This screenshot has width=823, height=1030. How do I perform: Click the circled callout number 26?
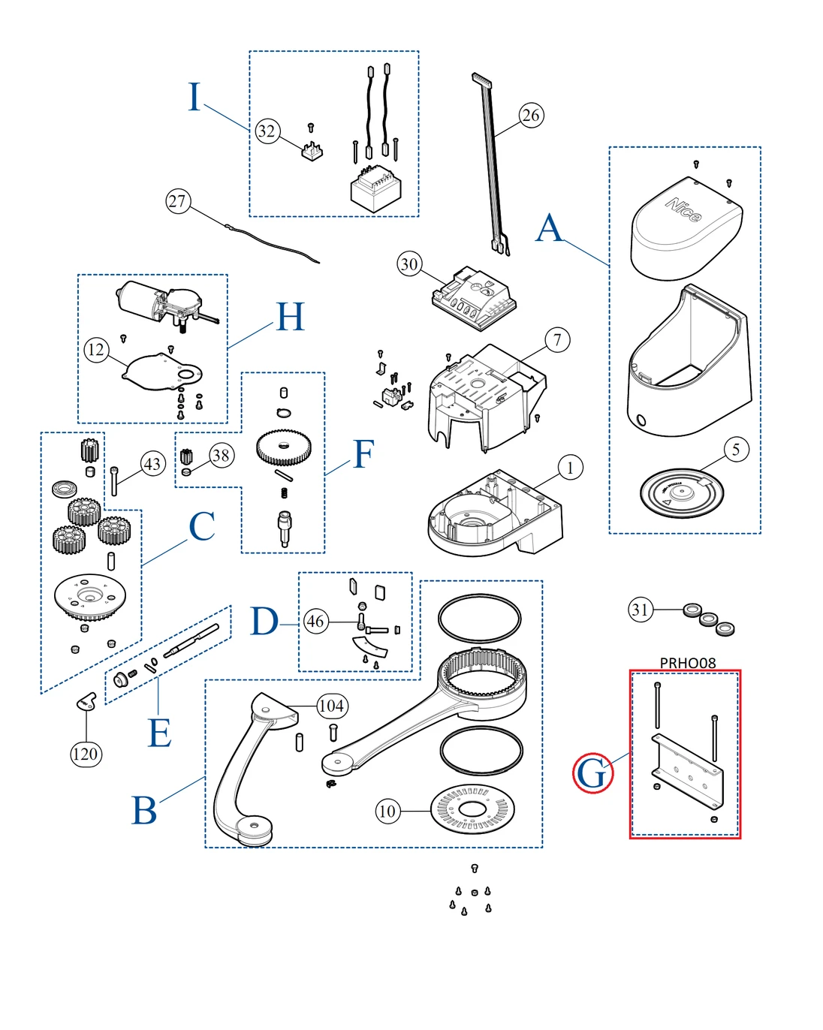click(531, 116)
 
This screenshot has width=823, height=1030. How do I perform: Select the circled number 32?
click(267, 131)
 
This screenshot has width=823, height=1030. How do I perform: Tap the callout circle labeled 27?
click(178, 201)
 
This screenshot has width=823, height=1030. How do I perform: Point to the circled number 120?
click(86, 754)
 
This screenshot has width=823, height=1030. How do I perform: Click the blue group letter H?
click(291, 317)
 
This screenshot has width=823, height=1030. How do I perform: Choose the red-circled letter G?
click(592, 772)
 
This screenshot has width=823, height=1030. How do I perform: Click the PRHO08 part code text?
click(687, 663)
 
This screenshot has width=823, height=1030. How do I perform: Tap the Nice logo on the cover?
click(683, 209)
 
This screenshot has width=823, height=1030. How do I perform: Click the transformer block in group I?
click(375, 188)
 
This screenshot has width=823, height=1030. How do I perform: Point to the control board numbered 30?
click(474, 298)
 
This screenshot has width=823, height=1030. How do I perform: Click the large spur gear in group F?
click(283, 448)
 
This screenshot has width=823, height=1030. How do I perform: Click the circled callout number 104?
click(331, 706)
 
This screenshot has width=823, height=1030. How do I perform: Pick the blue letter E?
click(159, 733)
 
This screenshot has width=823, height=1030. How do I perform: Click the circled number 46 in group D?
click(315, 621)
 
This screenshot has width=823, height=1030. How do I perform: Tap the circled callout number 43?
click(153, 464)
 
